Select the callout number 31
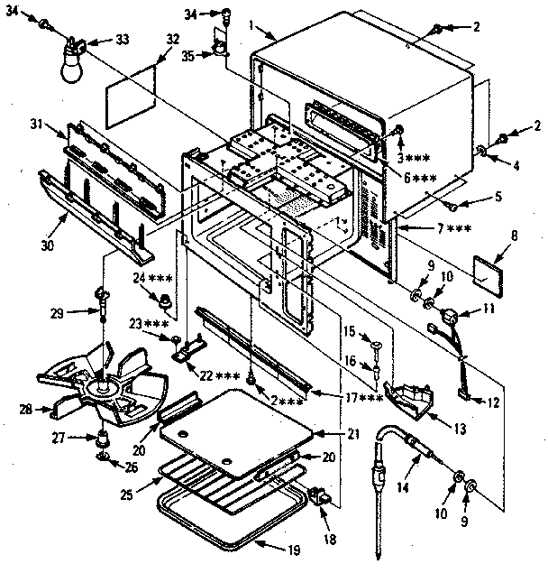click(34, 124)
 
